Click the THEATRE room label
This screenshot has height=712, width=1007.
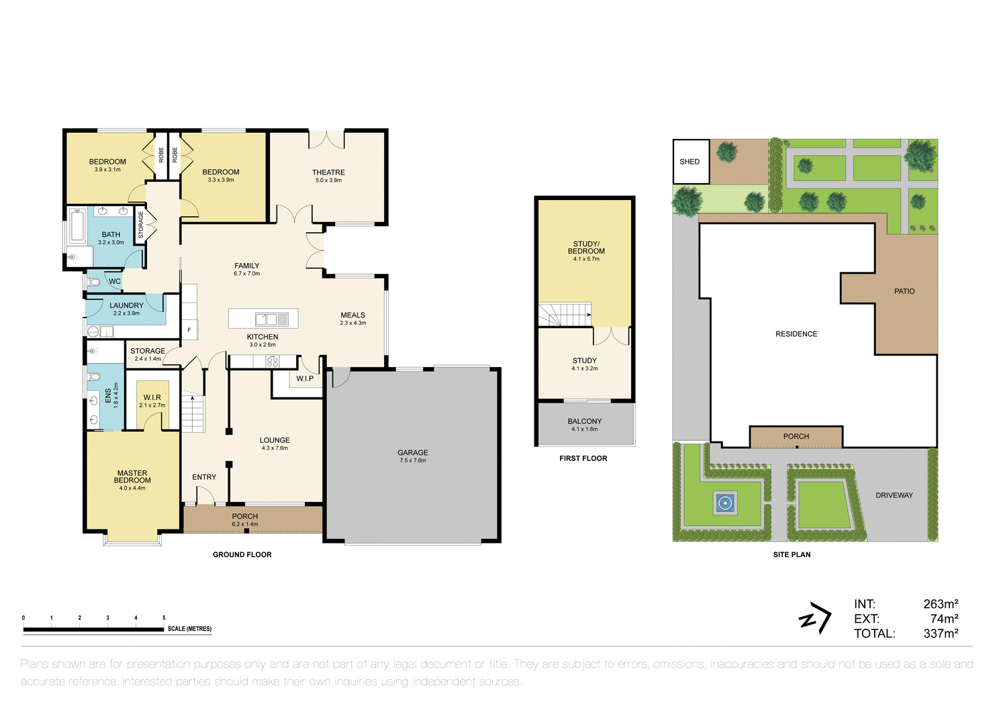328,172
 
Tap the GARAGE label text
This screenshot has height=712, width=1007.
412,453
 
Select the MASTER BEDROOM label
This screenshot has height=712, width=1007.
132,476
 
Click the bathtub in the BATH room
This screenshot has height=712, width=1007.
77,225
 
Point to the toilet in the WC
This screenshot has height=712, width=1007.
94,282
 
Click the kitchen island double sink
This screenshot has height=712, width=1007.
266,319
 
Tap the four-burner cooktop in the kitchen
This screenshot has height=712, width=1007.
272,362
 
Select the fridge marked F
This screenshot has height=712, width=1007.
189,329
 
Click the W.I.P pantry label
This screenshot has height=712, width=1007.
305,378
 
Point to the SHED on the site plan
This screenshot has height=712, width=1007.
690,162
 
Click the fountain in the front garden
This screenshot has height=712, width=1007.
724,503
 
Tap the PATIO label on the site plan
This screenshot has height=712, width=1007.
904,291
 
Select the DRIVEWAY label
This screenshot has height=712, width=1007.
894,495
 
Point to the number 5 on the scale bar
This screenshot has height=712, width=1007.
164,618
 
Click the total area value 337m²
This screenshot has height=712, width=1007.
941,633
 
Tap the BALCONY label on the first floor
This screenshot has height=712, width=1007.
584,421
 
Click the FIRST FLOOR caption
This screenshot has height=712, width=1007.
583,458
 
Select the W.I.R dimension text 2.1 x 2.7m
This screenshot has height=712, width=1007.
152,405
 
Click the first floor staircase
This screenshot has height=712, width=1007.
565,314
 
